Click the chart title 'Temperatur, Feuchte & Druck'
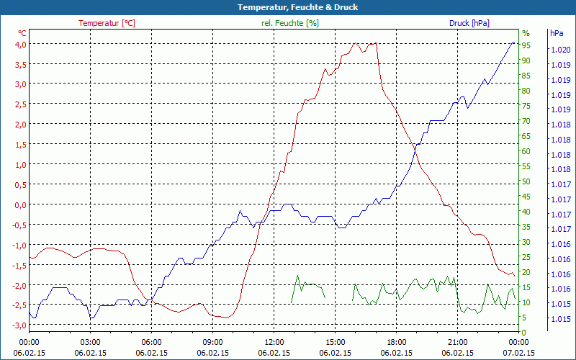(x=287, y=7)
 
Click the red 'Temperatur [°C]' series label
(x=107, y=23)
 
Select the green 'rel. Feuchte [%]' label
(x=290, y=23)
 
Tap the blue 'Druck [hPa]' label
(x=469, y=23)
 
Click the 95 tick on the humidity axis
(x=526, y=45)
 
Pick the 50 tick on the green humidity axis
(x=526, y=181)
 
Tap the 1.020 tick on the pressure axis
(x=561, y=50)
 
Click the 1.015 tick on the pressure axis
(x=561, y=319)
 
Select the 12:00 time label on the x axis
(x=274, y=342)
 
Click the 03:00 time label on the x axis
(x=90, y=342)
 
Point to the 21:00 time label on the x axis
(x=458, y=342)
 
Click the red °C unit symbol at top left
(x=22, y=33)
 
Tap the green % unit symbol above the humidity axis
(x=526, y=33)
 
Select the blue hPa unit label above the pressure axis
(x=557, y=33)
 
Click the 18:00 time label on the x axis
(x=397, y=342)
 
